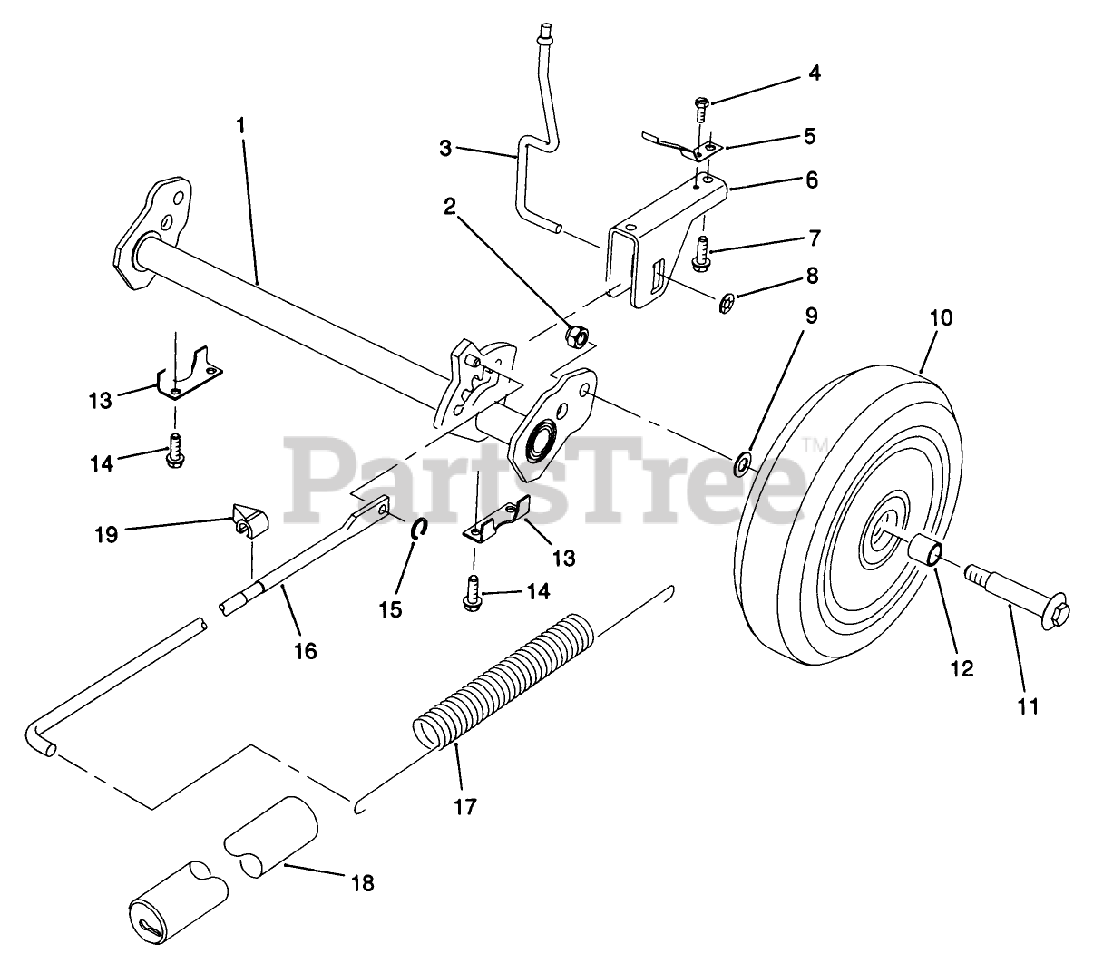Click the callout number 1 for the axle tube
pos(240,126)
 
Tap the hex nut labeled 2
pos(574,336)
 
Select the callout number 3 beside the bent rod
pos(444,149)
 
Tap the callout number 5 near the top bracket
pos(809,136)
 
